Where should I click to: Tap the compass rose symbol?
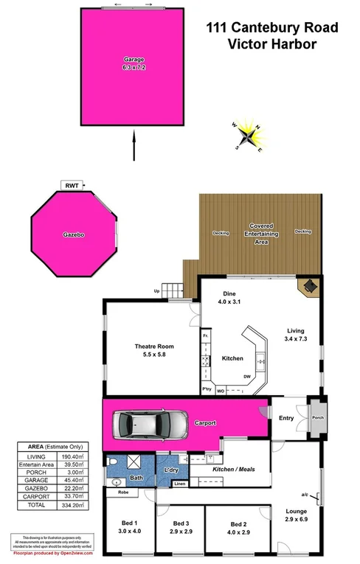pyautogui.click(x=249, y=136)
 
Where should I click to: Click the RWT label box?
pyautogui.click(x=72, y=186)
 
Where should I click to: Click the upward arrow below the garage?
pyautogui.click(x=134, y=145)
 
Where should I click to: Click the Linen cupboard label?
pyautogui.click(x=179, y=484)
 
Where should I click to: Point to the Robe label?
pyautogui.click(x=122, y=491)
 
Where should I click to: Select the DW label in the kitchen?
pyautogui.click(x=246, y=376)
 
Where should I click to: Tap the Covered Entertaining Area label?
pyautogui.click(x=261, y=232)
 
